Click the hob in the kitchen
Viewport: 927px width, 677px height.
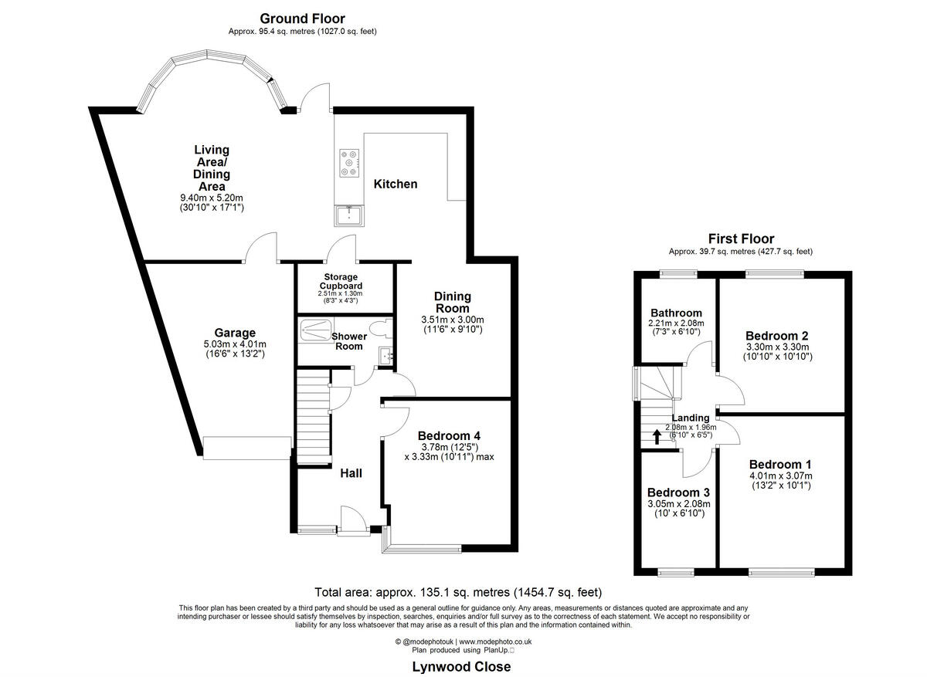[x=350, y=163]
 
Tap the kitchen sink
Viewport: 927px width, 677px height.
[x=349, y=216]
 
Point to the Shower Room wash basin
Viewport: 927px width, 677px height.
[x=385, y=355]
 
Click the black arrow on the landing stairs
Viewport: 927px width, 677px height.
[x=657, y=437]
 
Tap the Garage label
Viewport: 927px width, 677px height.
[x=235, y=333]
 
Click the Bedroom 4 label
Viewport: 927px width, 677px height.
[x=449, y=435]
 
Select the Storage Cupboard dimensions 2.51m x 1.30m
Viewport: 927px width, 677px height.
[x=340, y=293]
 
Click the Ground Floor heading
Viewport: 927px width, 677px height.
[x=302, y=19]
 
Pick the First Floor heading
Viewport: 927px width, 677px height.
[x=741, y=239]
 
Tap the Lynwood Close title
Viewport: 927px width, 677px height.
[x=461, y=667]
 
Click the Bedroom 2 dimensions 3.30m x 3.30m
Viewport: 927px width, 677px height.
[x=778, y=347]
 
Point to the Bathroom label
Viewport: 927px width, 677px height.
[x=676, y=313]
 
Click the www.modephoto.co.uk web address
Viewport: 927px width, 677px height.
[x=495, y=641]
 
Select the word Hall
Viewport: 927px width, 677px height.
[x=351, y=473]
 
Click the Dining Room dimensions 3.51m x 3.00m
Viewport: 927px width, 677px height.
[x=453, y=320]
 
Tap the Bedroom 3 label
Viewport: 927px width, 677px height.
[x=678, y=493]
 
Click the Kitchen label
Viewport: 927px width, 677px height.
[x=396, y=184]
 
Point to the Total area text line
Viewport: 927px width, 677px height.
[x=458, y=592]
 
